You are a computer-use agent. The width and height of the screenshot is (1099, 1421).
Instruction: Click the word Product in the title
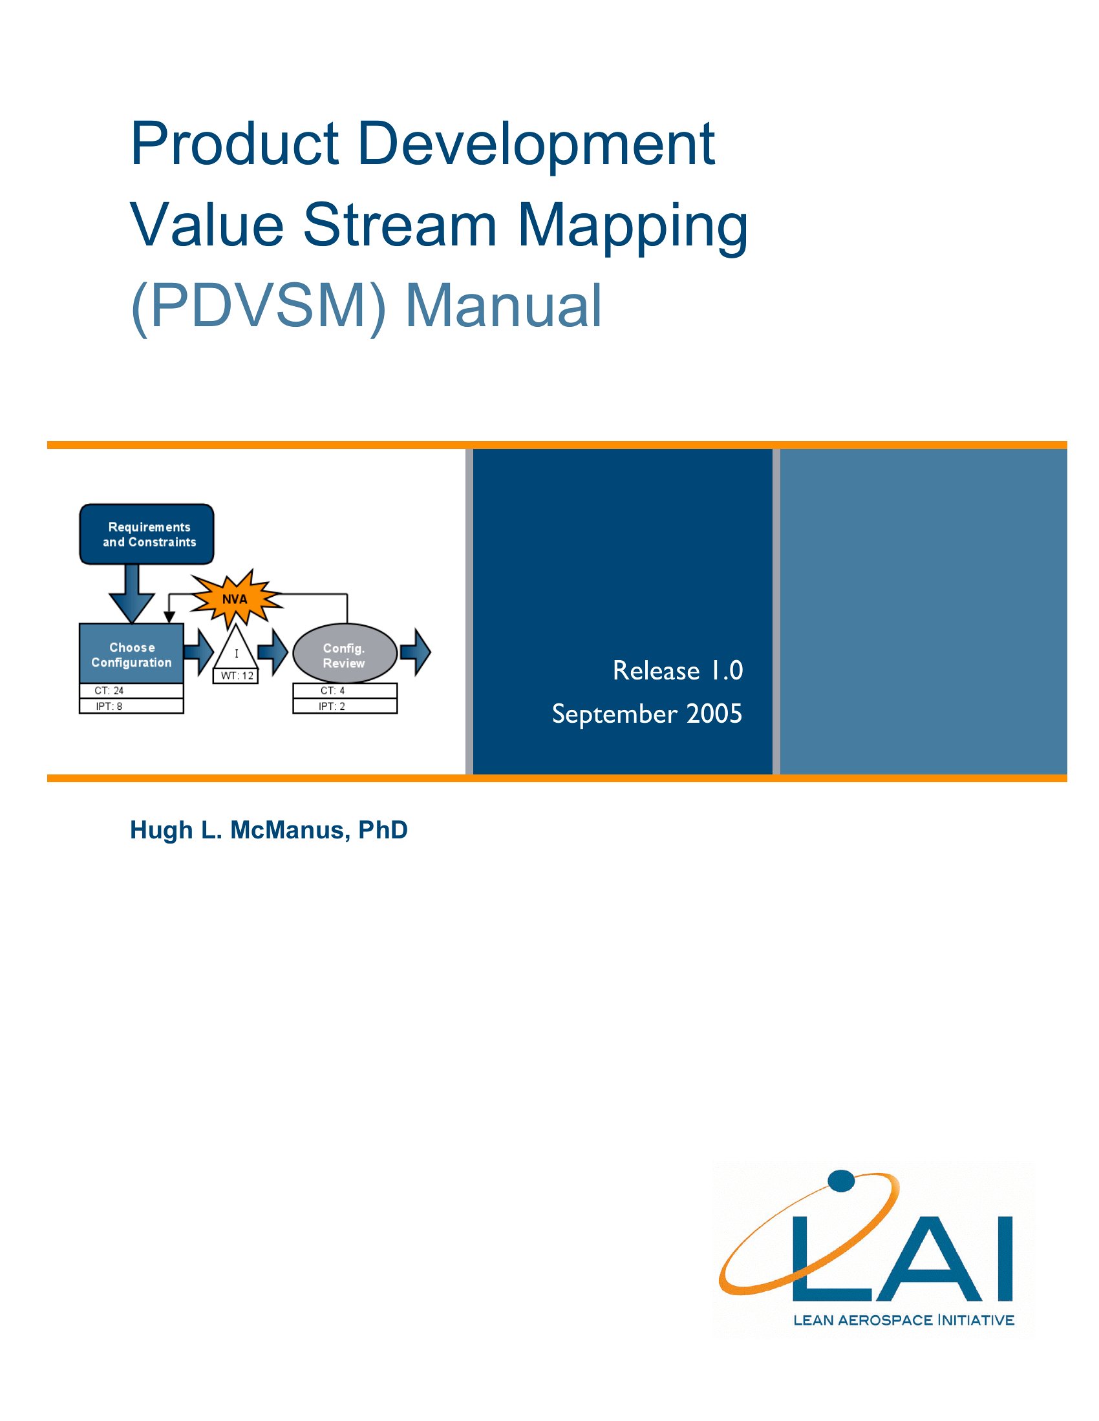(235, 144)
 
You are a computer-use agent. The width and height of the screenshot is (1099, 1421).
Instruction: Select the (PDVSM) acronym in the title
(259, 306)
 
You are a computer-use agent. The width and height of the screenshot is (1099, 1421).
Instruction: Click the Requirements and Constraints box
(147, 534)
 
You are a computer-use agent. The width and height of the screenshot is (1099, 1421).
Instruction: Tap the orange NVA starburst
(236, 599)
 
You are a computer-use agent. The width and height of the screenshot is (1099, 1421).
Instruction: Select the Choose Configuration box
(131, 654)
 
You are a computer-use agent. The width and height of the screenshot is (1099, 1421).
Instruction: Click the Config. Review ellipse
(345, 654)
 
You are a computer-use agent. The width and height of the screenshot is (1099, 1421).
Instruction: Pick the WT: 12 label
(236, 676)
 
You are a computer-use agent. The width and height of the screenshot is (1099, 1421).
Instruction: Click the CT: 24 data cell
(131, 691)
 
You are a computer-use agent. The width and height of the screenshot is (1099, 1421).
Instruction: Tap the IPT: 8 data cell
(131, 706)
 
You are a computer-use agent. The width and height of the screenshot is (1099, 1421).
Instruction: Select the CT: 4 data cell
(345, 691)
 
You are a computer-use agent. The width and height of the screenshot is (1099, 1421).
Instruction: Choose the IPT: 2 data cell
(345, 706)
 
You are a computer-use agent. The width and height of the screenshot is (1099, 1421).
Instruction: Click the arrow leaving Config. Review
(416, 652)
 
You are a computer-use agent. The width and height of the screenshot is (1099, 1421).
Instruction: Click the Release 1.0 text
(678, 671)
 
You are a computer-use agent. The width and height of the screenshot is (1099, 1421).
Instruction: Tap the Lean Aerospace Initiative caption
(904, 1320)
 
